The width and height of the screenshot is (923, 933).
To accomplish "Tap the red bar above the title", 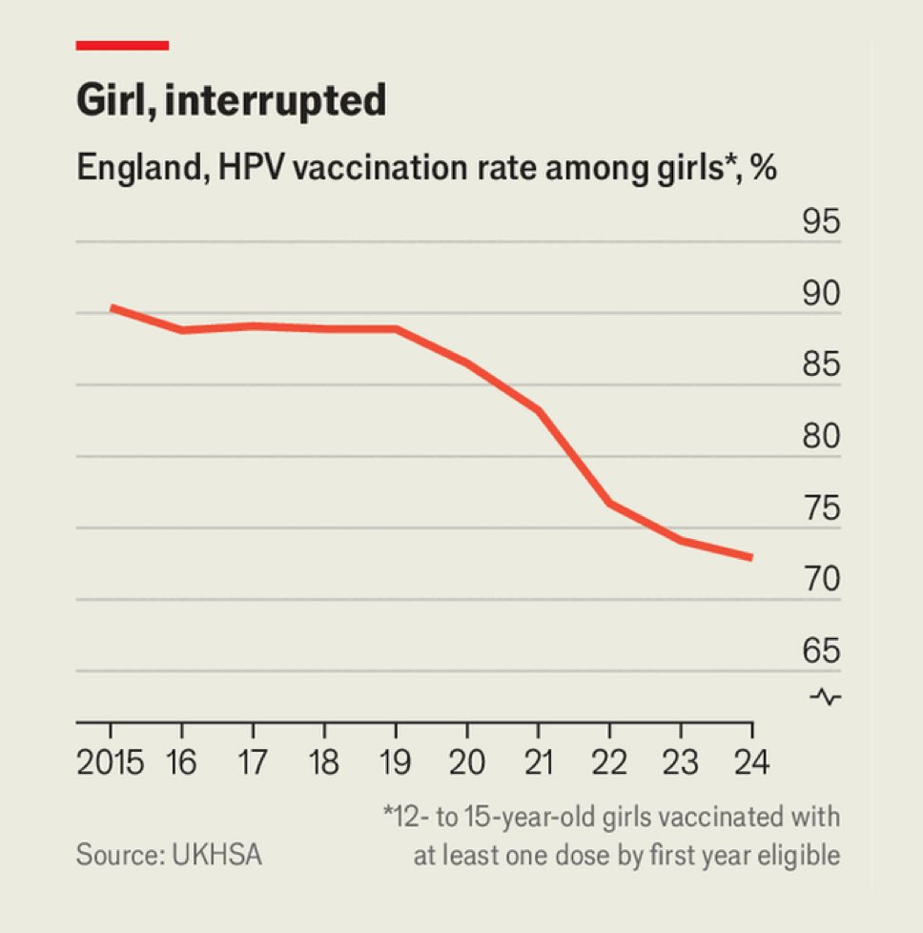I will tap(122, 45).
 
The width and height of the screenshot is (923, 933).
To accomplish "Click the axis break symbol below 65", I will tap(825, 697).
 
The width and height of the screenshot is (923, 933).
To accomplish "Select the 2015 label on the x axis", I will tap(110, 763).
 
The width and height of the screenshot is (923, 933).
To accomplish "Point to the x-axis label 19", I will tap(396, 763).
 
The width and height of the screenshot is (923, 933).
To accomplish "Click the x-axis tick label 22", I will tap(610, 763).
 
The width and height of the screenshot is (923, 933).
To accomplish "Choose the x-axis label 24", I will tap(752, 763).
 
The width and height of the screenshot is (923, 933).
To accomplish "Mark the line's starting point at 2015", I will tap(111, 307).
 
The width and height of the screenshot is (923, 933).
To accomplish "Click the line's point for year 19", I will tap(396, 329).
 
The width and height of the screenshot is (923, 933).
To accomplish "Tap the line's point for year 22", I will tap(610, 503).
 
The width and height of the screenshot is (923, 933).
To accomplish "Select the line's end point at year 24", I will tap(752, 557).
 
